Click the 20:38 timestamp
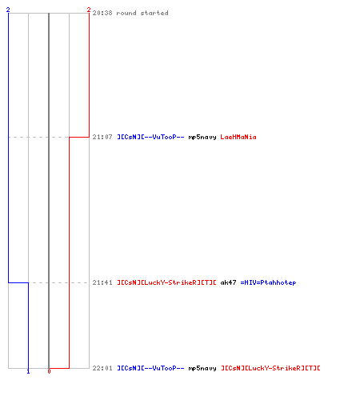[102, 13]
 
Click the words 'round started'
[142, 13]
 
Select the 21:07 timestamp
[102, 137]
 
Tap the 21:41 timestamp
[102, 282]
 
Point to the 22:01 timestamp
[102, 368]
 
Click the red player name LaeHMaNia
[238, 137]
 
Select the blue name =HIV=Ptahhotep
[268, 282]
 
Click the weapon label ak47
[228, 282]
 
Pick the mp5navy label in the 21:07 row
[202, 138]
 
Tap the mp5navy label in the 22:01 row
[202, 368]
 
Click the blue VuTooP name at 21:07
[150, 137]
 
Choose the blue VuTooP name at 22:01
[150, 368]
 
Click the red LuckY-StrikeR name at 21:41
[166, 282]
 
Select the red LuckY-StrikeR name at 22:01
[270, 368]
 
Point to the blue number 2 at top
[8, 10]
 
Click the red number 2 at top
[89, 10]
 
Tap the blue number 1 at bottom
[28, 371]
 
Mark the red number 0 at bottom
[49, 371]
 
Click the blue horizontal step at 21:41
[18, 282]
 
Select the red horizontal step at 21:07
[79, 137]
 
